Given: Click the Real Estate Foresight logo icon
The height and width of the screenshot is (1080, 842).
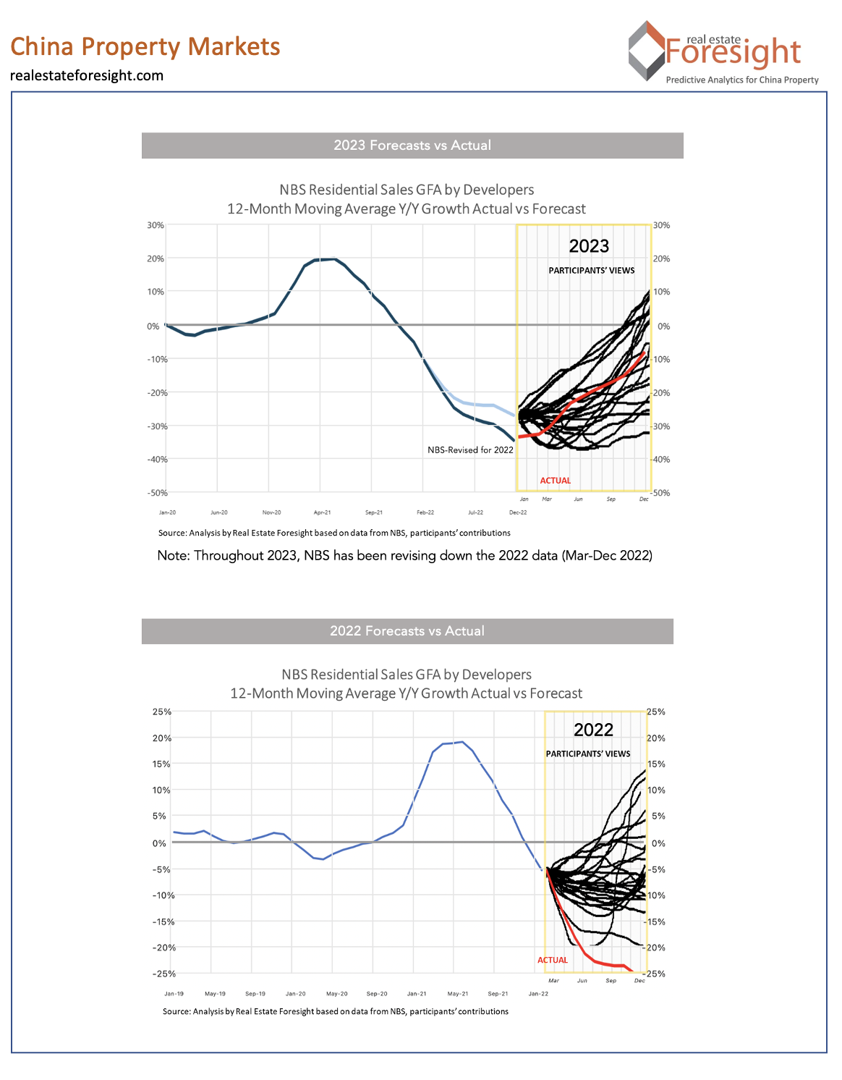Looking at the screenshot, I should [646, 51].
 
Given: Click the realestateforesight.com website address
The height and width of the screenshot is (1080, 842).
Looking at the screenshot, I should [87, 75].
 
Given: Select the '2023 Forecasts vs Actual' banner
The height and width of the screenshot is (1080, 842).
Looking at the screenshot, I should [412, 145].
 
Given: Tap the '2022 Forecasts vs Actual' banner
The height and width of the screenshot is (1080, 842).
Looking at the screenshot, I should [407, 631].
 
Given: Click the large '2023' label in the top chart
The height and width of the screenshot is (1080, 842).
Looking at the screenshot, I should [589, 246].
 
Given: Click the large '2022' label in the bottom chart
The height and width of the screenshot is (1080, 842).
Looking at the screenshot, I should [593, 730].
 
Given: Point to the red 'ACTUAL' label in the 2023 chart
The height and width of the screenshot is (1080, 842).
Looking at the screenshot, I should [555, 481].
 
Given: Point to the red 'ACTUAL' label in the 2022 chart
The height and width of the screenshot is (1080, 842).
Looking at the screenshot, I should [552, 960].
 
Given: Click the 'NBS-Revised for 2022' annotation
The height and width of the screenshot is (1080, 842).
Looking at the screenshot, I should [470, 450].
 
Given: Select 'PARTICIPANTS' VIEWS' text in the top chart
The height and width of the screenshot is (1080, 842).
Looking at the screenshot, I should [591, 271].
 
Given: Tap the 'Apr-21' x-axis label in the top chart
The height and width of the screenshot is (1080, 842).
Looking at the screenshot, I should [322, 512].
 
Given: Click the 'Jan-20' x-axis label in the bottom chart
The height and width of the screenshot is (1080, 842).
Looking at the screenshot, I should [295, 994].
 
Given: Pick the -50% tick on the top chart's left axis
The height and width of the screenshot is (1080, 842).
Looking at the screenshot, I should [157, 493].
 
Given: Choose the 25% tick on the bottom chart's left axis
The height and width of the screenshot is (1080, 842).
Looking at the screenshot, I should [161, 712].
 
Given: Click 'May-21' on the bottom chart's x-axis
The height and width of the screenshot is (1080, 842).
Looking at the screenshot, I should [457, 994].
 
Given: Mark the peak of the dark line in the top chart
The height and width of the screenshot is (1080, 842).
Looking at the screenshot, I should [332, 259].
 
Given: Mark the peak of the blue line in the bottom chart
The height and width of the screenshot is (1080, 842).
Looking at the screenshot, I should [462, 741].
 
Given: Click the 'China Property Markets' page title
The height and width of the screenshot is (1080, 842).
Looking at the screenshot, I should [145, 46].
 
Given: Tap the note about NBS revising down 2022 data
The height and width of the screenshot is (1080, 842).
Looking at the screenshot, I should [404, 556].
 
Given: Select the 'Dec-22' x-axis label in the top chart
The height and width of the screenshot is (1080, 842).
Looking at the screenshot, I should [518, 512].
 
